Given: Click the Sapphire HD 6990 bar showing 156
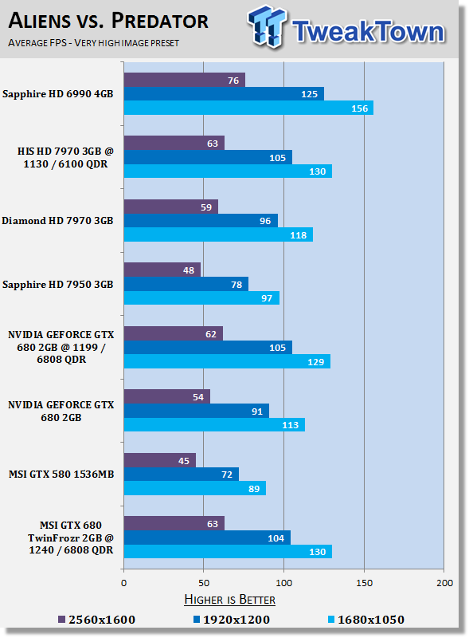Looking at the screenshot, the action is click(x=248, y=108).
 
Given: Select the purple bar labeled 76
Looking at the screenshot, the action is click(x=185, y=80).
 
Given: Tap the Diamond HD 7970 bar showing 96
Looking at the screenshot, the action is click(x=201, y=221).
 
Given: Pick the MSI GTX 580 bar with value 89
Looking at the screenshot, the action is click(x=195, y=488).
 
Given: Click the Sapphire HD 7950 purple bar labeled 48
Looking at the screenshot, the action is click(x=162, y=270).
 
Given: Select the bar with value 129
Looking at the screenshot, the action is click(x=227, y=361).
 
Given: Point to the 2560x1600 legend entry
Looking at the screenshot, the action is click(x=96, y=620).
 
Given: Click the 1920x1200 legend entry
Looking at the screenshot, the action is click(x=231, y=620).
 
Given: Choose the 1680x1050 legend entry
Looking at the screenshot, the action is click(x=366, y=620).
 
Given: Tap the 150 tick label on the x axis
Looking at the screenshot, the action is click(x=364, y=583).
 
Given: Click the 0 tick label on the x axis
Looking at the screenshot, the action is click(x=124, y=583).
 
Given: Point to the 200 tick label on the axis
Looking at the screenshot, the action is click(x=444, y=583).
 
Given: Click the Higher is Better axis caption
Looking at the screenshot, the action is click(x=229, y=600).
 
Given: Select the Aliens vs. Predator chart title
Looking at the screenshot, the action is click(x=108, y=21).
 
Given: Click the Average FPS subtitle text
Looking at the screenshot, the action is click(x=93, y=43).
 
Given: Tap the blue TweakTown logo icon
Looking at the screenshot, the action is click(x=267, y=26).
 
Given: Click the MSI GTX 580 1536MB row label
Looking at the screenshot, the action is click(x=61, y=475).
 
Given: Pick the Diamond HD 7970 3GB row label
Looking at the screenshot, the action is click(x=57, y=221).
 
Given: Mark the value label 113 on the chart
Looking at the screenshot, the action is click(x=290, y=425).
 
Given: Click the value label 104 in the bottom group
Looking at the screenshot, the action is click(x=276, y=538).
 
